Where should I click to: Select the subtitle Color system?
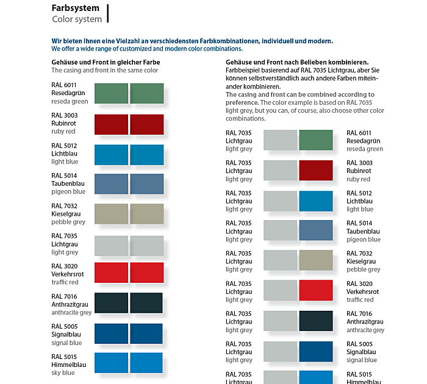point(77,20)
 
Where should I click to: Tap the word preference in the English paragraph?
point(242,102)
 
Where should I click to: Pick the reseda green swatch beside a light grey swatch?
point(316,141)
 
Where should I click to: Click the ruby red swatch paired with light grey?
point(316,171)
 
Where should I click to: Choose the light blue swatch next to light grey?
point(316,201)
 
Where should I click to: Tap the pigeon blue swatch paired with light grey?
point(316,231)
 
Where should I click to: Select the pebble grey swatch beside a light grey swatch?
point(316,261)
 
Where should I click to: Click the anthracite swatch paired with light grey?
point(316,321)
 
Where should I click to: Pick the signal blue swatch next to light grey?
point(316,352)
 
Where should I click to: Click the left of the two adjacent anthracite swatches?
point(111,304)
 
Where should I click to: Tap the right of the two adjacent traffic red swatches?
point(147,273)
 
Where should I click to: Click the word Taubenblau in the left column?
point(68,183)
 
